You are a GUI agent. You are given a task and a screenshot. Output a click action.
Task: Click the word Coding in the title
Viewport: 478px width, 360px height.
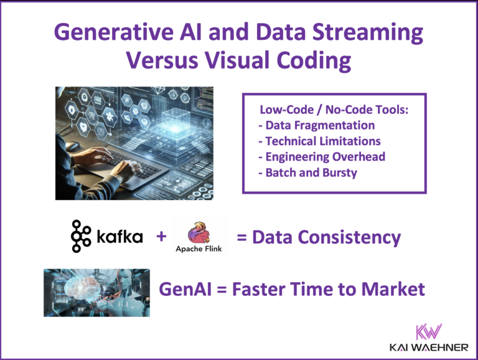312,60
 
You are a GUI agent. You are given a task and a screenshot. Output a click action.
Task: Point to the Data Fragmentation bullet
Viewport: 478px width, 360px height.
316,125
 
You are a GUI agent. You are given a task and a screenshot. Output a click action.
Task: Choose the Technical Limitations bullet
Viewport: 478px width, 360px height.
319,141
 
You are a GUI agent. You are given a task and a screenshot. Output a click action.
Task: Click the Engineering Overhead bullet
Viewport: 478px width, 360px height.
322,156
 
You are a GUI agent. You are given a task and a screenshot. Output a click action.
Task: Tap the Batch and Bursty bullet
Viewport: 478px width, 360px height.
307,173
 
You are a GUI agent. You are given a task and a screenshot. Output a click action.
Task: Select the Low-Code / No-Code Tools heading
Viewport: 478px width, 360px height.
334,110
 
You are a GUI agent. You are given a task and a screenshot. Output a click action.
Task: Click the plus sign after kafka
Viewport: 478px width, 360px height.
161,237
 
